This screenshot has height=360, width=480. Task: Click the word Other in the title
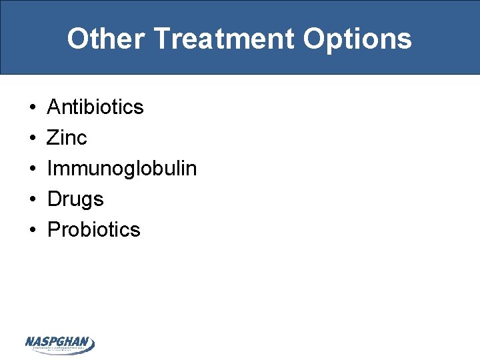(105, 39)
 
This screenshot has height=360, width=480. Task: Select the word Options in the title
(357, 39)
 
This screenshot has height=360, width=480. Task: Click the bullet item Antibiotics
(95, 107)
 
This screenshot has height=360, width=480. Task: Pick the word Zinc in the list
(67, 138)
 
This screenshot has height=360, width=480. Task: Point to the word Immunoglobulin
(122, 169)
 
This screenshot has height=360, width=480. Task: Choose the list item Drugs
(75, 199)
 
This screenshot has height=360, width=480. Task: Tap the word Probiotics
(94, 229)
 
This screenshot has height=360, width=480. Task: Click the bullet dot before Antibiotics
(32, 107)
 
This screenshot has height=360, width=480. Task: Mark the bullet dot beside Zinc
(32, 138)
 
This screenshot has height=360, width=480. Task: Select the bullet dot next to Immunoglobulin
(32, 169)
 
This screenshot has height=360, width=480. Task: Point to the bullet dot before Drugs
(32, 199)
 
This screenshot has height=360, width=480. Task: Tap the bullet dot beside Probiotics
(32, 230)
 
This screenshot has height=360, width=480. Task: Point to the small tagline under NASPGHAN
(60, 349)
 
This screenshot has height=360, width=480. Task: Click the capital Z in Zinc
(53, 138)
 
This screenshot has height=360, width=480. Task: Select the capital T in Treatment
(162, 39)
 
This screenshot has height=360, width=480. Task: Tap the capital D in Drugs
(54, 199)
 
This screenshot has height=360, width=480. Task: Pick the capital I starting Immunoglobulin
(50, 169)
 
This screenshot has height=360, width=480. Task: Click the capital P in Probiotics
(54, 229)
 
